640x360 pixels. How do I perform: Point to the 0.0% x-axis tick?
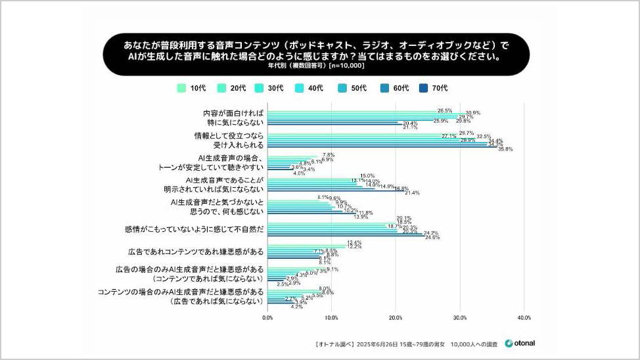point(267,318)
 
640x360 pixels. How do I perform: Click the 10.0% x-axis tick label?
point(331,318)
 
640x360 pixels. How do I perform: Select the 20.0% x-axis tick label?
point(396,318)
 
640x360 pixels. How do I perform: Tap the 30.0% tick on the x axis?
point(460,318)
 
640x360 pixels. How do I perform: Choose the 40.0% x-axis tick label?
point(524,318)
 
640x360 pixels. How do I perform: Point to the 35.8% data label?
point(505,149)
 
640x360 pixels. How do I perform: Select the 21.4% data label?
point(412,193)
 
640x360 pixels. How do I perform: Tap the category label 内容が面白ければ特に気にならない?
point(233,118)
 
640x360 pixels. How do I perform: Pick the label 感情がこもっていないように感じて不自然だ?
point(194,229)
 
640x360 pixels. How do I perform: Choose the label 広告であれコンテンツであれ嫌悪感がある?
point(196,252)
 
